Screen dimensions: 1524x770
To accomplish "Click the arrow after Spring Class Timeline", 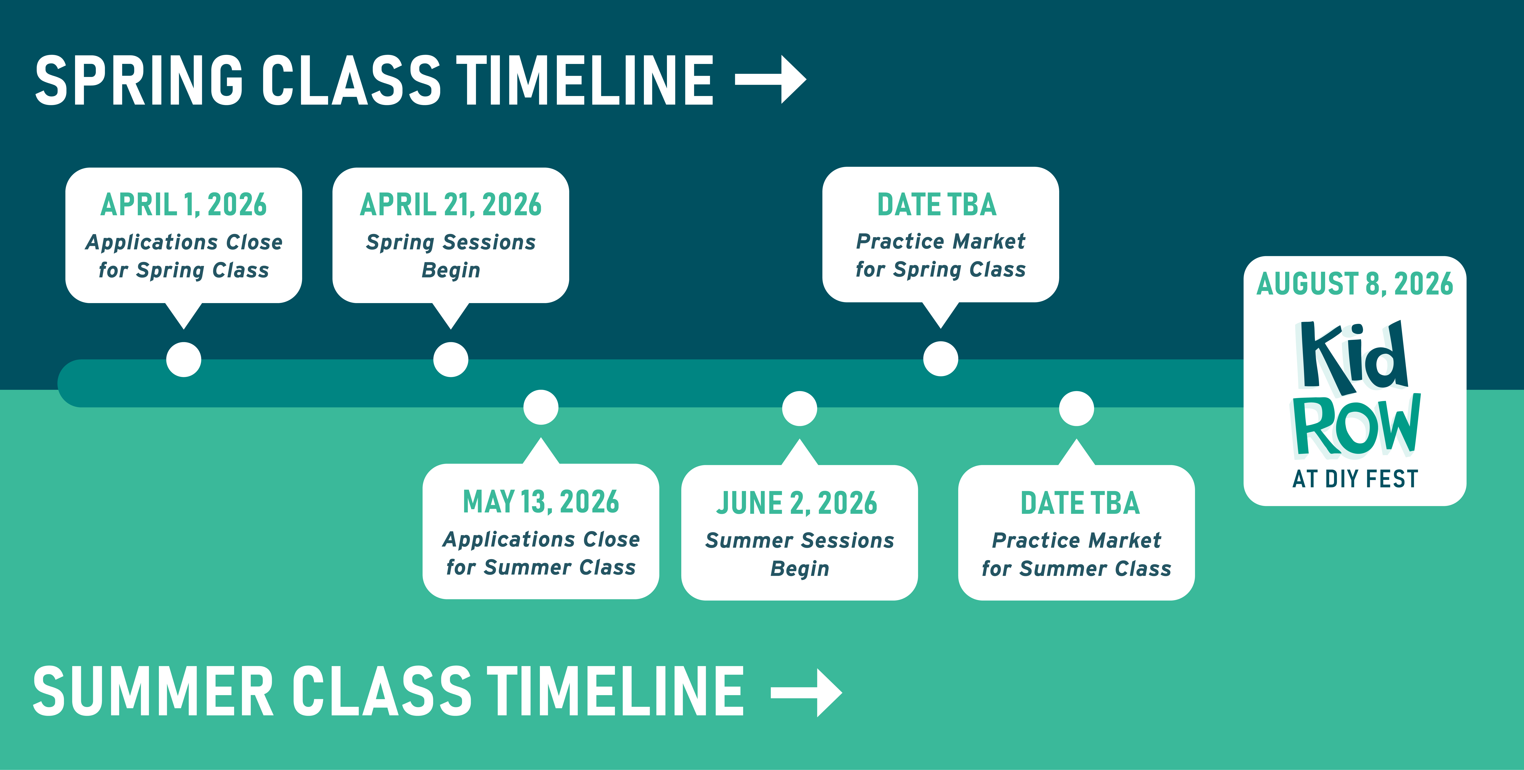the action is pyautogui.click(x=770, y=79).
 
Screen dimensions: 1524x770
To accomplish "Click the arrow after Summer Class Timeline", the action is pyautogui.click(x=806, y=692).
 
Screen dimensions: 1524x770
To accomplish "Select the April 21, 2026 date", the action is pyautogui.click(x=451, y=205).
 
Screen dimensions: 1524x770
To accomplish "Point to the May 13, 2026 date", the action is pyautogui.click(x=541, y=502).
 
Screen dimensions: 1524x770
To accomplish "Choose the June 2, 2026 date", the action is pyautogui.click(x=797, y=503).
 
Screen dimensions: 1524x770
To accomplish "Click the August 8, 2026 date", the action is pyautogui.click(x=1355, y=284).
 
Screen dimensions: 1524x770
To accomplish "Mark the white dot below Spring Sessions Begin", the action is pyautogui.click(x=451, y=360).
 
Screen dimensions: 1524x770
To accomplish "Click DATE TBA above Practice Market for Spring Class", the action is pyautogui.click(x=937, y=205).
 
